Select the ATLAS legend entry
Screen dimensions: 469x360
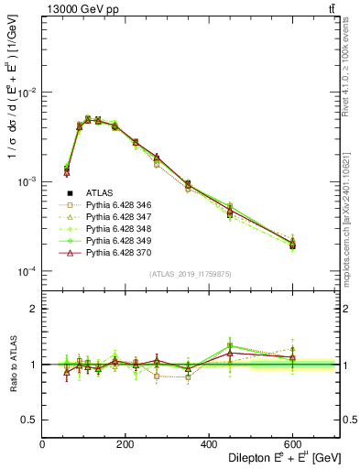click(x=99, y=192)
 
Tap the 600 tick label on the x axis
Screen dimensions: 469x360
click(x=292, y=445)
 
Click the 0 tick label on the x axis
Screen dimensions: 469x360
click(x=42, y=445)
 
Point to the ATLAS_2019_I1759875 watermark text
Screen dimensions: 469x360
click(x=190, y=273)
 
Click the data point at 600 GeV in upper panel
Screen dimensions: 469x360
click(x=292, y=245)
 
